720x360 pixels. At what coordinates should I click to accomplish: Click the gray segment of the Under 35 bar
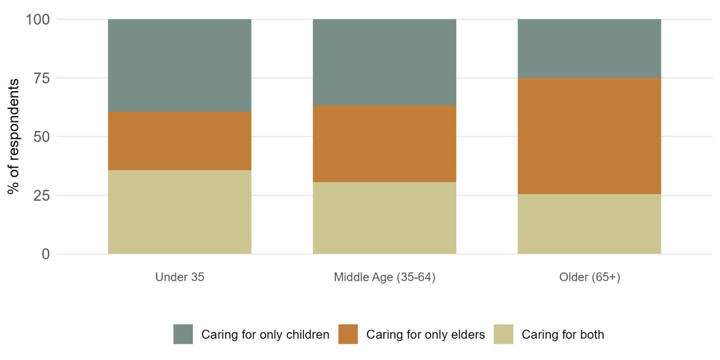coord(179,65)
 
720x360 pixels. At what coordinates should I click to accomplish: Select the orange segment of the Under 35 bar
coord(179,141)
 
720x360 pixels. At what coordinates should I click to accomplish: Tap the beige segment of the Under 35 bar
coord(179,212)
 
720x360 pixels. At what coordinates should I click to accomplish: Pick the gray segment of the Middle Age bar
coord(384,62)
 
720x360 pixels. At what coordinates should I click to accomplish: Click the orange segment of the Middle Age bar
coord(384,144)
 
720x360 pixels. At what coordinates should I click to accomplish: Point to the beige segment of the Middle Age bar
coord(384,218)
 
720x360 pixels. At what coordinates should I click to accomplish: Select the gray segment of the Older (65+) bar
coord(589,48)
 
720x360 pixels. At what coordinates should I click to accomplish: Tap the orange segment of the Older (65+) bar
coord(589,136)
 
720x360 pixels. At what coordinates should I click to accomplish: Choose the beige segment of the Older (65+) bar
coord(589,224)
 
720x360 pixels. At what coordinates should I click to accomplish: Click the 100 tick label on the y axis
coord(38,20)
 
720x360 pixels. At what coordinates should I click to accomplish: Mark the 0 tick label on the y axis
coord(45,254)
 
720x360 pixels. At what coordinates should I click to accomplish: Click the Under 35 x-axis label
coord(179,277)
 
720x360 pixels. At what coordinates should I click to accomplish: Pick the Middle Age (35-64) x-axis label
coord(384,277)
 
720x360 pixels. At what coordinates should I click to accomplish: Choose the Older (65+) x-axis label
coord(589,277)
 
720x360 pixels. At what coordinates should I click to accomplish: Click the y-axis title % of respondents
coord(13,136)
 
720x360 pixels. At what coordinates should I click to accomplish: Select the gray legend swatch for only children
coord(183,334)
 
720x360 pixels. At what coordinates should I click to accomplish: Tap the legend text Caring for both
coord(563,334)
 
